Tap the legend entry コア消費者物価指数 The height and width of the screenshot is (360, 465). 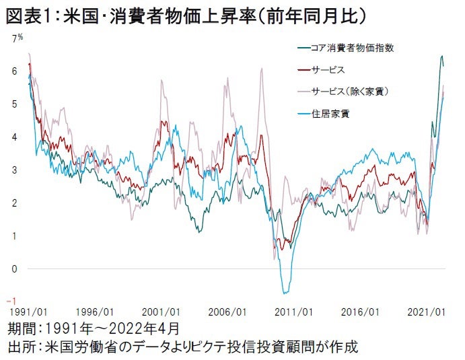click(x=356, y=49)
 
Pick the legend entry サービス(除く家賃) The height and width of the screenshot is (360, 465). click(x=353, y=91)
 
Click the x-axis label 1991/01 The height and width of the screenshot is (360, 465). click(x=28, y=313)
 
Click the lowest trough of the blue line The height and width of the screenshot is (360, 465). click(x=286, y=293)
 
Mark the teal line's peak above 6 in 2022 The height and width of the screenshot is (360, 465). click(x=441, y=57)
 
